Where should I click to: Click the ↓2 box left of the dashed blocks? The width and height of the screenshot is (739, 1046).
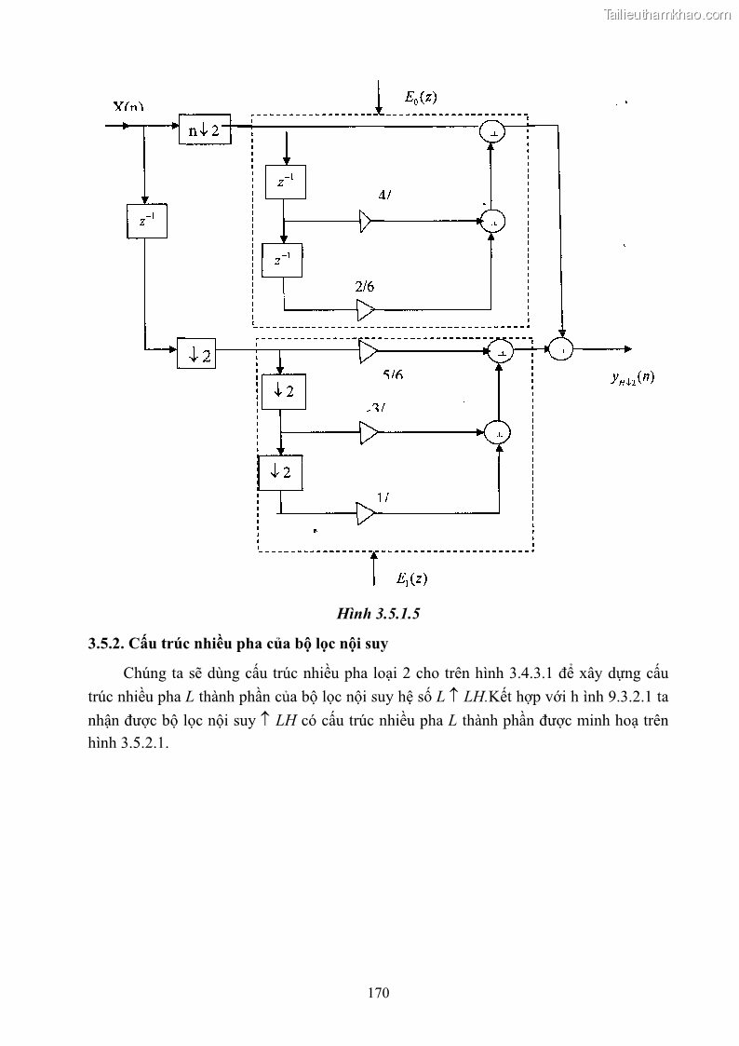coord(195,354)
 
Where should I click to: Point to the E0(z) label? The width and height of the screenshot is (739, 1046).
coord(421,97)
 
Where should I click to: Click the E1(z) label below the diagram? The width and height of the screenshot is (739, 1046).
coord(411,578)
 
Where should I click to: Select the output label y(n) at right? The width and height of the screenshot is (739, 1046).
coord(632,377)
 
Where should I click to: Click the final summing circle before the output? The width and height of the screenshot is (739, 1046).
coord(561,349)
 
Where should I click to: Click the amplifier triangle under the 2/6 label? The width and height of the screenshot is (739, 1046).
coord(366,309)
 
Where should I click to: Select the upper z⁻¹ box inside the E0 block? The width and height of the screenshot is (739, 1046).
coord(285,183)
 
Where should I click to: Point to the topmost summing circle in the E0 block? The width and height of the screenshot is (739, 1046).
coord(491,133)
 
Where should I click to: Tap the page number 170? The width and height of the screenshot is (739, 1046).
coord(378,992)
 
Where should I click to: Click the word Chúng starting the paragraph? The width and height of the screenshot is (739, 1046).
coord(147,673)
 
